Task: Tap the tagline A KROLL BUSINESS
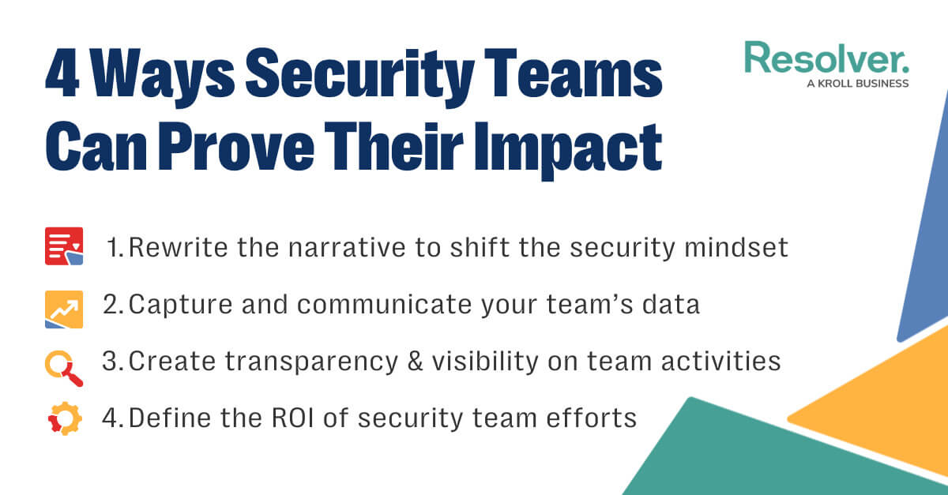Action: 857,83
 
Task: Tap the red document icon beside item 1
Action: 64,246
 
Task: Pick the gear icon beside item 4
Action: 64,419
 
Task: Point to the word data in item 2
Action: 671,305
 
